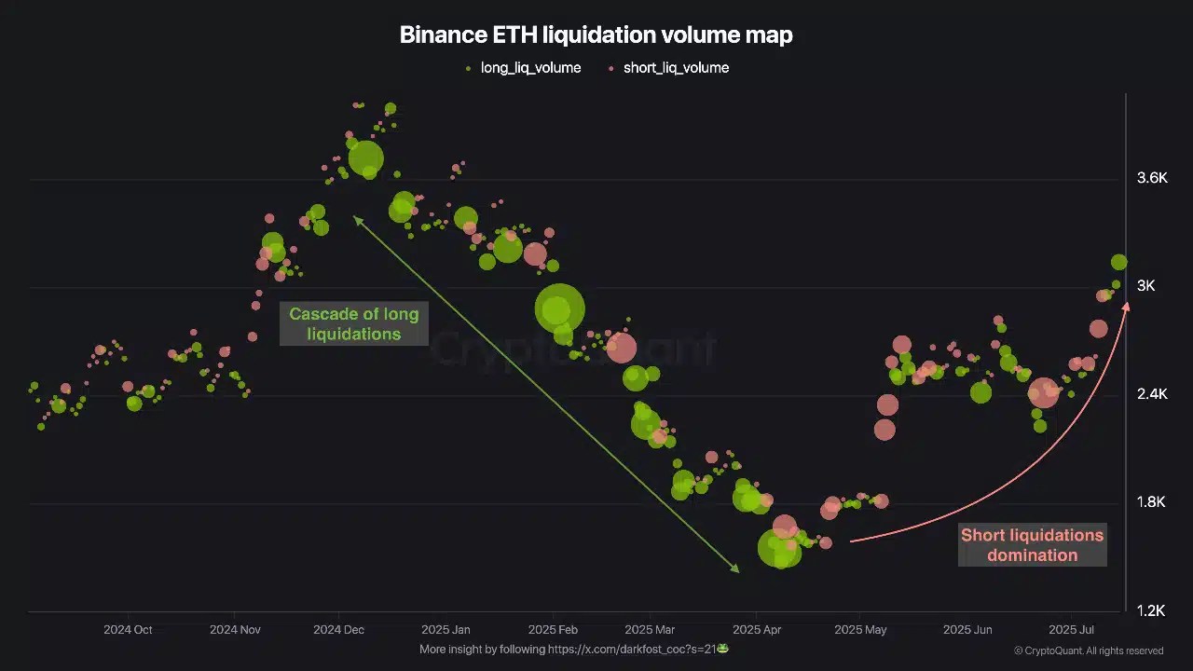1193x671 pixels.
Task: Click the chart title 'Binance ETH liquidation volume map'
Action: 596,35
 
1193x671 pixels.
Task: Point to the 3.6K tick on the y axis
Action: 1152,178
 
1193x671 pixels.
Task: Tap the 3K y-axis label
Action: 1145,286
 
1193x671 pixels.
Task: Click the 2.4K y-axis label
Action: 1152,394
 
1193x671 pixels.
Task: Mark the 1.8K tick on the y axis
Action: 1152,502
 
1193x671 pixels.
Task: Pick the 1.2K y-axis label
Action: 1152,610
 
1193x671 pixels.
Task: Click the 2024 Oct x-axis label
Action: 128,630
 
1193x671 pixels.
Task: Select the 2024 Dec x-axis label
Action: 339,630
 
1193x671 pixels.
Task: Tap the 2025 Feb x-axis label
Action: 554,630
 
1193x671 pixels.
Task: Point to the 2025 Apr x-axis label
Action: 759,630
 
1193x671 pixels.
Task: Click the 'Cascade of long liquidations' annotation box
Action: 353,324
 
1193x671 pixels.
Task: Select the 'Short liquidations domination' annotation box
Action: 1033,545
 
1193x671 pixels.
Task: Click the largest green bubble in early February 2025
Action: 559,308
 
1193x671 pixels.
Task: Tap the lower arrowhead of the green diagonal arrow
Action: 736,569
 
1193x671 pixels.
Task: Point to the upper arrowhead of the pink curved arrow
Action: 1126,306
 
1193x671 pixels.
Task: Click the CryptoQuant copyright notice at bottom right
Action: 1088,650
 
